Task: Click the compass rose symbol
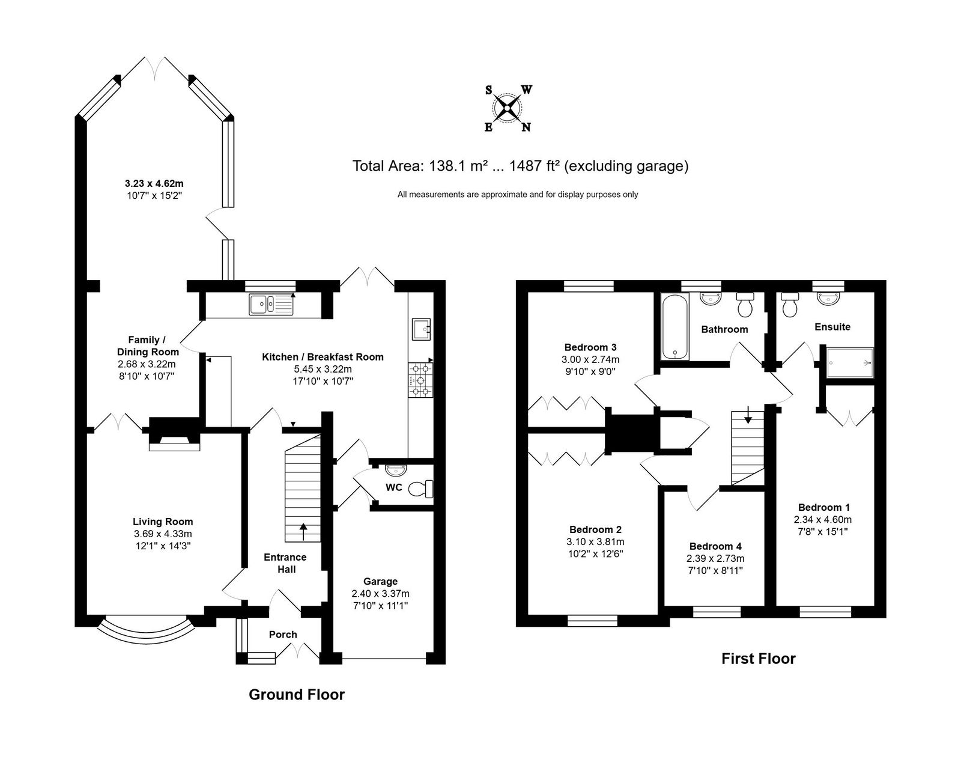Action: tap(508, 108)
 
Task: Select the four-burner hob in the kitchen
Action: tap(420, 380)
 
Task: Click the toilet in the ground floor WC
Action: tap(420, 488)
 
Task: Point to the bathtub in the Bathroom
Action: tap(675, 327)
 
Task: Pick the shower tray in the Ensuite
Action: tap(850, 362)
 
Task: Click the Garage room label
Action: tap(380, 581)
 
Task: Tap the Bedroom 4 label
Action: tap(715, 546)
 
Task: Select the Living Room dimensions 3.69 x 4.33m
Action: tap(163, 534)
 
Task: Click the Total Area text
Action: tap(520, 166)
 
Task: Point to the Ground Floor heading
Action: tap(297, 695)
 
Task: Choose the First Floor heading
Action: tap(759, 659)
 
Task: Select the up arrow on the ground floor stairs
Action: tap(303, 532)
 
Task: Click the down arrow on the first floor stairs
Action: tap(748, 415)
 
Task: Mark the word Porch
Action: tap(283, 635)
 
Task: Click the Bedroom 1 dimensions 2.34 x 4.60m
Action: tap(822, 519)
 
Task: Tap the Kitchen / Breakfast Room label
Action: tap(323, 357)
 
